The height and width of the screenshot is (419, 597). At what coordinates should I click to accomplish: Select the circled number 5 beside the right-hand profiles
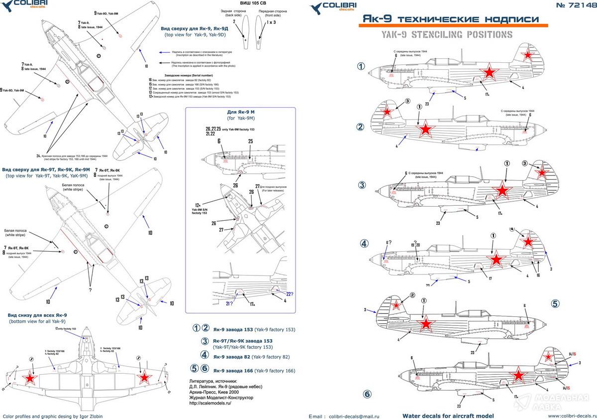[x=556, y=303]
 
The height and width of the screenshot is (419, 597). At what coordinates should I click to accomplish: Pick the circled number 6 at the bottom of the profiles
[x=368, y=394]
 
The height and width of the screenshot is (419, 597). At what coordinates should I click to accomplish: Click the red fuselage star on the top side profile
[x=489, y=73]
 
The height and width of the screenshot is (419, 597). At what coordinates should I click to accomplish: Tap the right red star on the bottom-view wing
[x=144, y=378]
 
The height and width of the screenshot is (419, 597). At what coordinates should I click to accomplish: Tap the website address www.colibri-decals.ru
[x=572, y=416]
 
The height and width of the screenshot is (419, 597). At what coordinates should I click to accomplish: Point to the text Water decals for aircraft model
[x=448, y=416]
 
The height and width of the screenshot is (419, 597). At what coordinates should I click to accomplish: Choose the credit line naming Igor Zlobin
[x=53, y=416]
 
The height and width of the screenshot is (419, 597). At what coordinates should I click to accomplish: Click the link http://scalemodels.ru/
[x=208, y=404]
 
